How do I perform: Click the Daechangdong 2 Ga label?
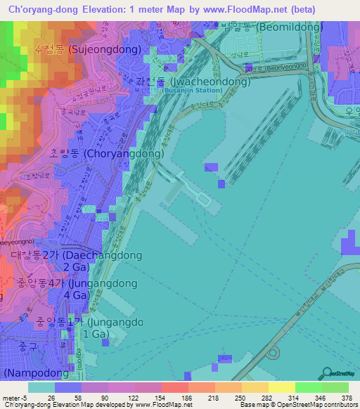(72, 261)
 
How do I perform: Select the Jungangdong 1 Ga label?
(89, 328)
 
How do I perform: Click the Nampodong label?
(37, 371)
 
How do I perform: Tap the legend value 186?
(187, 398)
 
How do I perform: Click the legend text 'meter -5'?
(15, 398)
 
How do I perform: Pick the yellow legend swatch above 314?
(282, 387)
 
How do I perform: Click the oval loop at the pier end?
(203, 200)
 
